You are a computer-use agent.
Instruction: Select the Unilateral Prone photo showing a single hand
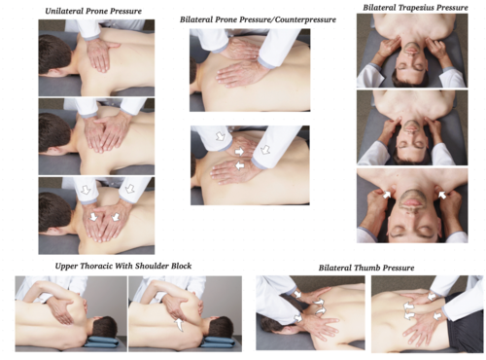[x=96, y=56]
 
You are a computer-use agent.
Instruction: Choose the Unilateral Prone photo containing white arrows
[x=96, y=214]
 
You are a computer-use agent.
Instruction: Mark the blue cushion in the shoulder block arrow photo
[x=217, y=341]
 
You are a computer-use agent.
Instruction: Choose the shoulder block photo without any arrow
[x=70, y=312]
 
